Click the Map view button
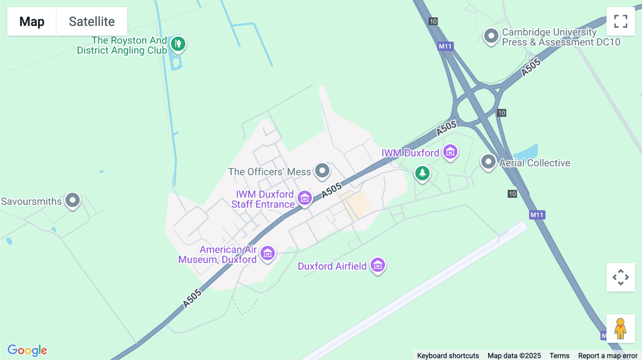tap(32, 21)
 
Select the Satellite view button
tap(92, 21)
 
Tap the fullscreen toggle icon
tap(621, 21)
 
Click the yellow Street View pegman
tap(621, 329)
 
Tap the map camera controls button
tap(621, 277)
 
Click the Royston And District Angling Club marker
tap(178, 44)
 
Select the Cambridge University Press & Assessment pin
tap(491, 36)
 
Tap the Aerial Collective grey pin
tap(488, 162)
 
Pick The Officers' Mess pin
tap(322, 170)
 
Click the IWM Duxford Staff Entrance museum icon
tap(305, 198)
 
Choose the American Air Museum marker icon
tap(267, 253)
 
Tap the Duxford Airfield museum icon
tap(378, 265)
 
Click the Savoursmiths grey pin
tap(73, 200)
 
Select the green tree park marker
tap(422, 173)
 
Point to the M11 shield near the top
tap(445, 46)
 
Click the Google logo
tap(27, 350)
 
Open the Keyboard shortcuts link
tap(448, 356)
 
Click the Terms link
tap(559, 356)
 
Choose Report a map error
tap(608, 356)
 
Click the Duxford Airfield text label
tap(332, 266)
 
